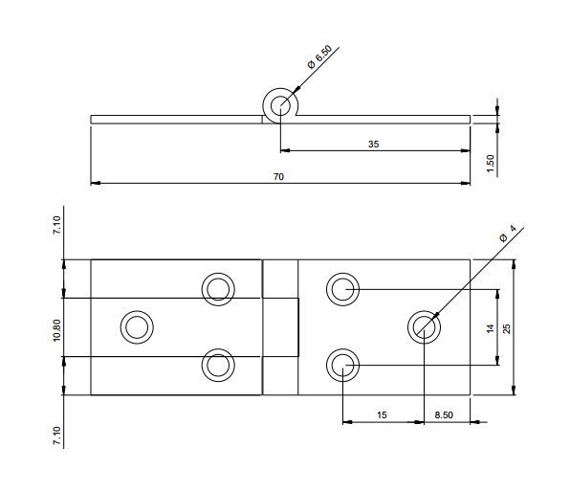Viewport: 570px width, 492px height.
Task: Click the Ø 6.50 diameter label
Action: [319, 56]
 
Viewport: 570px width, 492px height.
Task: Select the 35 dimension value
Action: [373, 145]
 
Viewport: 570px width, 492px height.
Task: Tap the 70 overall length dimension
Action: [278, 177]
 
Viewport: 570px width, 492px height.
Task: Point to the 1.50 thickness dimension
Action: [491, 164]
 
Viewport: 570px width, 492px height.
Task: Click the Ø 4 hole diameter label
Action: [508, 234]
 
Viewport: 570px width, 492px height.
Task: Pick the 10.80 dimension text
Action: [56, 330]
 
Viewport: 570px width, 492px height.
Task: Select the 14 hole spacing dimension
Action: [491, 328]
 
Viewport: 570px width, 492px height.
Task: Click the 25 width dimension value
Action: [507, 328]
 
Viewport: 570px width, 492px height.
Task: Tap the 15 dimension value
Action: [382, 414]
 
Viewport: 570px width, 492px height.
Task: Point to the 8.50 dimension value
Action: [444, 414]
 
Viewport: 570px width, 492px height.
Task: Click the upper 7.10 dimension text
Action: [56, 225]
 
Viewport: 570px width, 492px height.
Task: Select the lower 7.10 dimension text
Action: [56, 436]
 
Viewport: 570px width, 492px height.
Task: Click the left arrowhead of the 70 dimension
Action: [96, 183]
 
